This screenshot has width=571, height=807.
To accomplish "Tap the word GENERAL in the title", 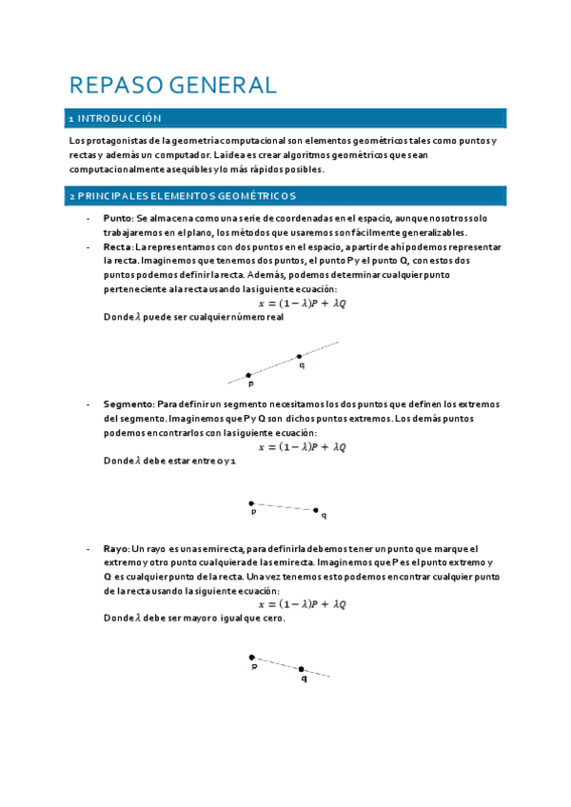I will [x=223, y=85].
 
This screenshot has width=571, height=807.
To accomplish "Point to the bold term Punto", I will [x=117, y=219].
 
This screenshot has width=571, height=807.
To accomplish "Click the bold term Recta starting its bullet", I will [x=117, y=246].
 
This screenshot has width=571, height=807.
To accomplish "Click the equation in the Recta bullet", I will [x=303, y=304].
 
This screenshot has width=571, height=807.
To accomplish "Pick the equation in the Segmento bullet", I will [x=303, y=446].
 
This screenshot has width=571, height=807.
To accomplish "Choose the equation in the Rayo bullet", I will [x=303, y=603].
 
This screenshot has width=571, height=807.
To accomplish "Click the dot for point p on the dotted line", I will [x=249, y=375].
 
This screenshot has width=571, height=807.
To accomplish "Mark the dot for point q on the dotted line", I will [x=299, y=357].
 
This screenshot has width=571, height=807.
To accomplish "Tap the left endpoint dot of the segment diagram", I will [x=251, y=502].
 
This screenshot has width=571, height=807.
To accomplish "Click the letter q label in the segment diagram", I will [x=324, y=516].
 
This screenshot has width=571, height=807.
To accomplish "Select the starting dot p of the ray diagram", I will [x=251, y=657].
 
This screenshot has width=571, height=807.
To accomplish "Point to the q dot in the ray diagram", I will [x=302, y=669].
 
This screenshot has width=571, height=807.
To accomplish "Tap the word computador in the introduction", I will [x=171, y=155].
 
